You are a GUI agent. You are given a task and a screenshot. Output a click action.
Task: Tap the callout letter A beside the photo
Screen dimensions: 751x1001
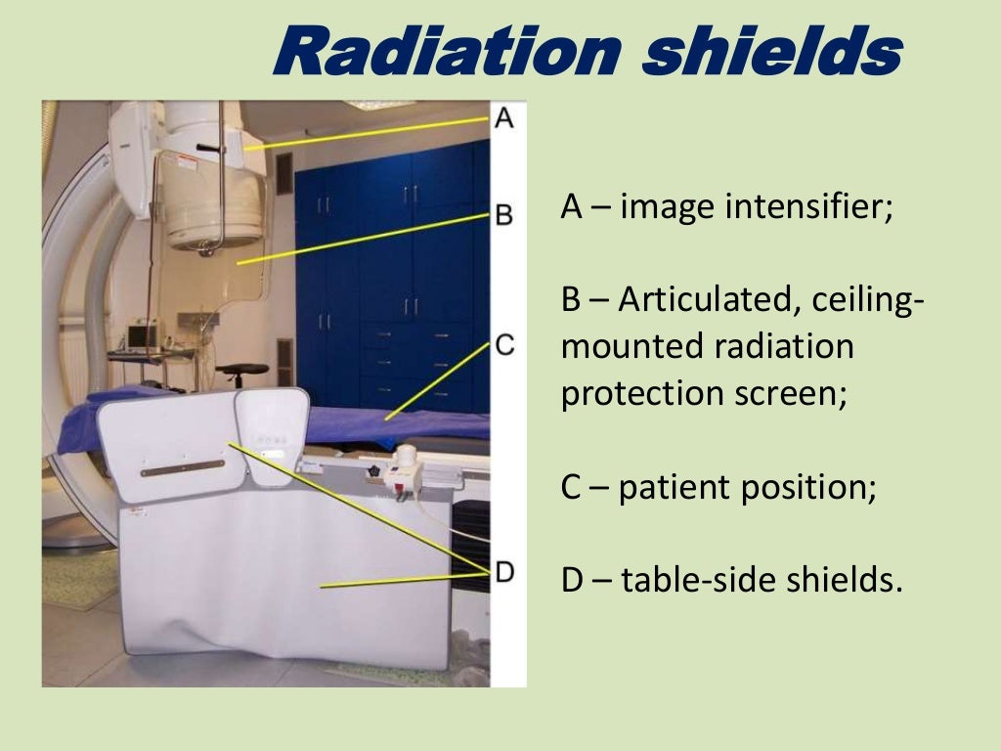(x=503, y=119)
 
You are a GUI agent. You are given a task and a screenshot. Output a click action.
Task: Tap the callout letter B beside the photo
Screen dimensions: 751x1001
(x=503, y=214)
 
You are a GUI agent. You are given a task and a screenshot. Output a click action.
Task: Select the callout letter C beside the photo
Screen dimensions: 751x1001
(x=503, y=344)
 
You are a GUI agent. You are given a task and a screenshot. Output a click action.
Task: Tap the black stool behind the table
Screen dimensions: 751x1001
(x=241, y=373)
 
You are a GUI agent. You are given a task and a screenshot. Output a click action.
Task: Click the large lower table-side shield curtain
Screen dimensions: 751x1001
(x=283, y=587)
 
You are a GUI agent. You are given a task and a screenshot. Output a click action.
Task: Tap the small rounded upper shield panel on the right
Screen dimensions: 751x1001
(x=274, y=430)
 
